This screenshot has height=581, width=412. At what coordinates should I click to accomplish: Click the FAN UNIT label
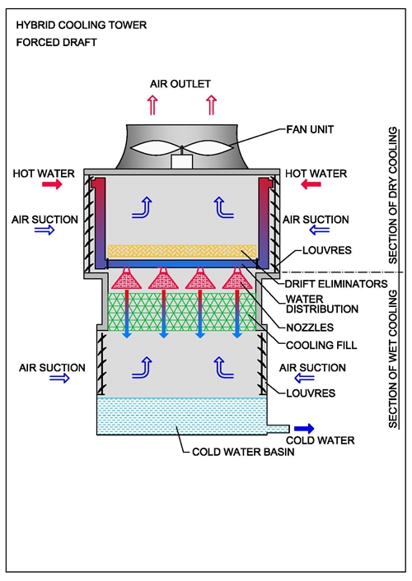pyautogui.click(x=310, y=130)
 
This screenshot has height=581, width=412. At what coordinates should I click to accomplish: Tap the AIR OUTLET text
pyautogui.click(x=180, y=84)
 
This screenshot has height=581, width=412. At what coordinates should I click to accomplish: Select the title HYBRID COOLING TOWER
pyautogui.click(x=82, y=26)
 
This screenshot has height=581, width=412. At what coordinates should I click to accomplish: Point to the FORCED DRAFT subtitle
pyautogui.click(x=56, y=42)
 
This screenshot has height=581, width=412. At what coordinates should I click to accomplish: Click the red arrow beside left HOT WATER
pyautogui.click(x=52, y=184)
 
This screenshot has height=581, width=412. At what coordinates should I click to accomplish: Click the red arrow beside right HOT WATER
pyautogui.click(x=311, y=184)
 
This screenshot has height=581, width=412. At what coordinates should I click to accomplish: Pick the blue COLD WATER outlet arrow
pyautogui.click(x=304, y=429)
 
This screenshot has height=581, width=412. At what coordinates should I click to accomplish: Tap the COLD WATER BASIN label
pyautogui.click(x=243, y=452)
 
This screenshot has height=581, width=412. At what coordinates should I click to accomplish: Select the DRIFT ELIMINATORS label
pyautogui.click(x=336, y=284)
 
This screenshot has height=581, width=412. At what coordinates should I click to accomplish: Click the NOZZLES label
pyautogui.click(x=310, y=328)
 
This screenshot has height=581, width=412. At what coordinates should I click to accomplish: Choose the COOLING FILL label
pyautogui.click(x=321, y=346)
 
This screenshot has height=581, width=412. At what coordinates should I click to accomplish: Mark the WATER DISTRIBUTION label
pyautogui.click(x=322, y=304)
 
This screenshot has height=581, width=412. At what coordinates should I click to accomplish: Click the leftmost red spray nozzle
pyautogui.click(x=127, y=278)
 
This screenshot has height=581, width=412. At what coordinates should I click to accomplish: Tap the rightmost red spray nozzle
pyautogui.click(x=237, y=278)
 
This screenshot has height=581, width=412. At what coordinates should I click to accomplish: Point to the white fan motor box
pyautogui.click(x=181, y=162)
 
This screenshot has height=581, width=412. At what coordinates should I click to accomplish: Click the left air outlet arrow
pyautogui.click(x=152, y=105)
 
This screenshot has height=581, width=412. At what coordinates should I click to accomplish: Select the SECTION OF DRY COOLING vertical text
pyautogui.click(x=393, y=195)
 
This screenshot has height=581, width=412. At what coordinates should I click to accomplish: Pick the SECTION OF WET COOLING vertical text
pyautogui.click(x=393, y=359)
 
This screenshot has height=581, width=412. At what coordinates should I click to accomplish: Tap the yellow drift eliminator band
pyautogui.click(x=182, y=251)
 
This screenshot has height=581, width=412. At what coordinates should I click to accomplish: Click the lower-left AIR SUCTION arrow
pyautogui.click(x=59, y=379)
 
